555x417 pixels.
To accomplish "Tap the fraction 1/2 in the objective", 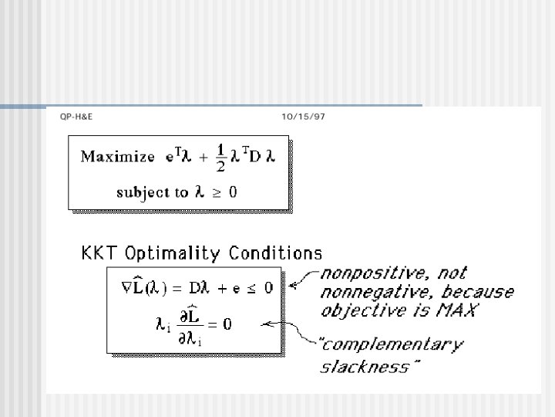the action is click(x=220, y=158).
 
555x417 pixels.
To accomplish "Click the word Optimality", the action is click(x=169, y=253).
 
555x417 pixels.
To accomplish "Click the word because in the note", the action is click(x=477, y=291).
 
